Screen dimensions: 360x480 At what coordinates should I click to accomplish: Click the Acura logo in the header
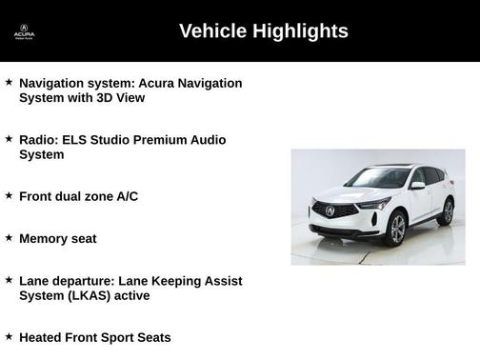pos(24,30)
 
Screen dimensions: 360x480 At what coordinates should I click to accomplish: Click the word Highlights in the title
pos(301,31)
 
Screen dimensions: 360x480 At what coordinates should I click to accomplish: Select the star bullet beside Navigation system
pos(9,83)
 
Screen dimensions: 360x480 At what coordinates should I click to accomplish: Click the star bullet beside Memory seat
pos(9,237)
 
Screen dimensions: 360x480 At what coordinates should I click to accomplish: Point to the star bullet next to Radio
pos(9,139)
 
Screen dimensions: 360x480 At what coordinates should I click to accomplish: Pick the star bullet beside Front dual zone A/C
pos(9,195)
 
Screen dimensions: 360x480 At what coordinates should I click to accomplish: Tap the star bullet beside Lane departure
pos(9,280)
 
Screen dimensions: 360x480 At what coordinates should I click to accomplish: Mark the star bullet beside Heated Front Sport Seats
pos(9,336)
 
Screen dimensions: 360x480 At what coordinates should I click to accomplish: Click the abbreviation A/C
pos(127,196)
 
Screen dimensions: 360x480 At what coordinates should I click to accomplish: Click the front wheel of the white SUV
pos(396,229)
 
